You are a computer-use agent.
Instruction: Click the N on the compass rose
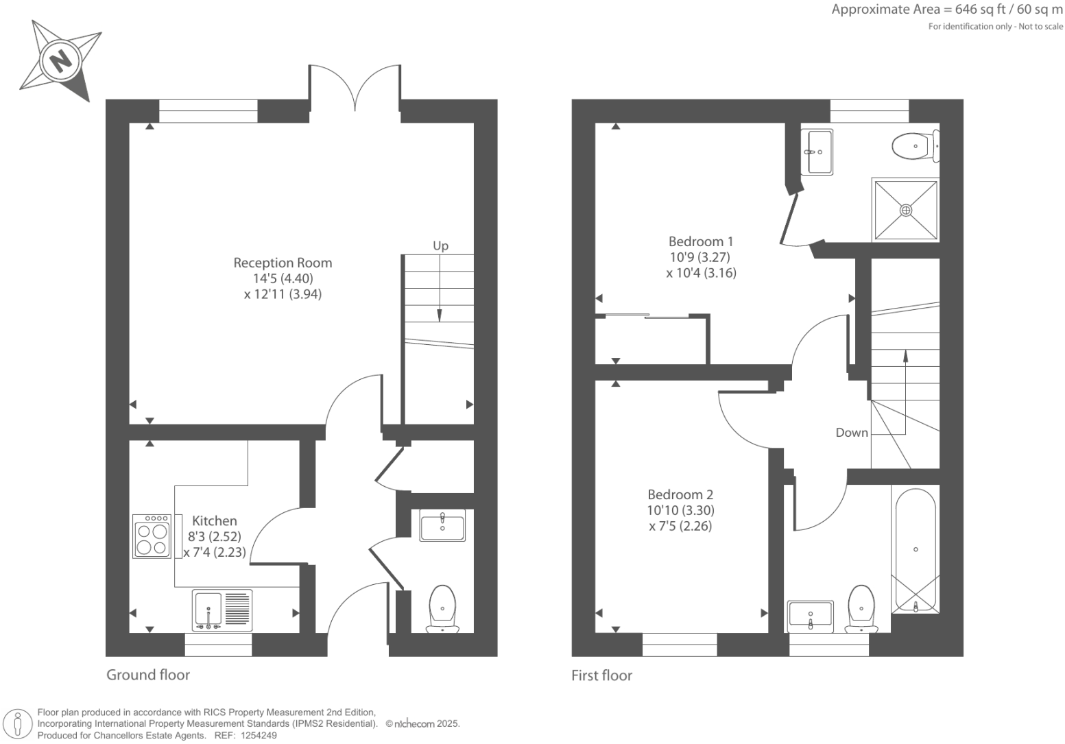coord(60,61)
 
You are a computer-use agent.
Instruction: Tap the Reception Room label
coord(283,263)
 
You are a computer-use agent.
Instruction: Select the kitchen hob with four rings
coord(152,536)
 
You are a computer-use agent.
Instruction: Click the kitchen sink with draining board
coord(222,610)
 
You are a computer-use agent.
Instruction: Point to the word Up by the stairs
coord(440,245)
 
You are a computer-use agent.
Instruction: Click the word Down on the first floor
coord(852,433)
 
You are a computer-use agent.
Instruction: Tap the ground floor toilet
coord(442,609)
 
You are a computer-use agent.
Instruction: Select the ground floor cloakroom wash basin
coord(442,525)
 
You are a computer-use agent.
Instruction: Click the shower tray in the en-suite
coord(906,210)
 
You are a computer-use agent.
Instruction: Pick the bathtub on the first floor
coord(916,550)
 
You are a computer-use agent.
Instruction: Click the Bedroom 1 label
coord(700,241)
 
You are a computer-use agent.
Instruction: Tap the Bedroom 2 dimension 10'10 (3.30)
coord(680,511)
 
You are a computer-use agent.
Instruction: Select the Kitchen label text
coord(214,520)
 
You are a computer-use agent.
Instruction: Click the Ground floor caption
coord(148,675)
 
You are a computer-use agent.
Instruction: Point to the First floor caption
coord(601,675)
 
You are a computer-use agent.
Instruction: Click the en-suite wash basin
coord(817,152)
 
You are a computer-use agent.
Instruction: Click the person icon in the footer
coord(18,725)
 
